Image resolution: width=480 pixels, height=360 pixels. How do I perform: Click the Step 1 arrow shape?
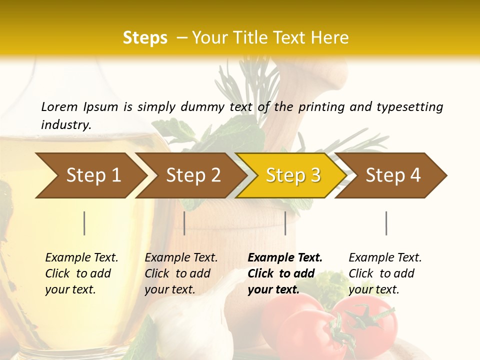click(x=93, y=175)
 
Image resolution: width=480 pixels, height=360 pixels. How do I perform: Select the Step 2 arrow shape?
click(x=193, y=175)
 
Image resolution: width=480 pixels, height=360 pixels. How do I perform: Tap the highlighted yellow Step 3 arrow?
click(x=293, y=175)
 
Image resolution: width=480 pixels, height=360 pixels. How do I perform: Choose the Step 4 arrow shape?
click(x=393, y=175)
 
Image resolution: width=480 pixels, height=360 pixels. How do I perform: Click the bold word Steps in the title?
click(x=145, y=38)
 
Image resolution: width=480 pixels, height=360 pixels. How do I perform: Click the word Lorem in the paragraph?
click(x=59, y=106)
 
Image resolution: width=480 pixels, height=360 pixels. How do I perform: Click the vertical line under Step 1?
click(x=84, y=223)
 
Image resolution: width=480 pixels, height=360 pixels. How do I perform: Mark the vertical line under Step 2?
click(x=184, y=223)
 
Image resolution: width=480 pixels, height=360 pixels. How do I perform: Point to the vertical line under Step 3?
click(x=285, y=223)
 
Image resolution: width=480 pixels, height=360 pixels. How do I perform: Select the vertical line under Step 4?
click(x=386, y=223)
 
